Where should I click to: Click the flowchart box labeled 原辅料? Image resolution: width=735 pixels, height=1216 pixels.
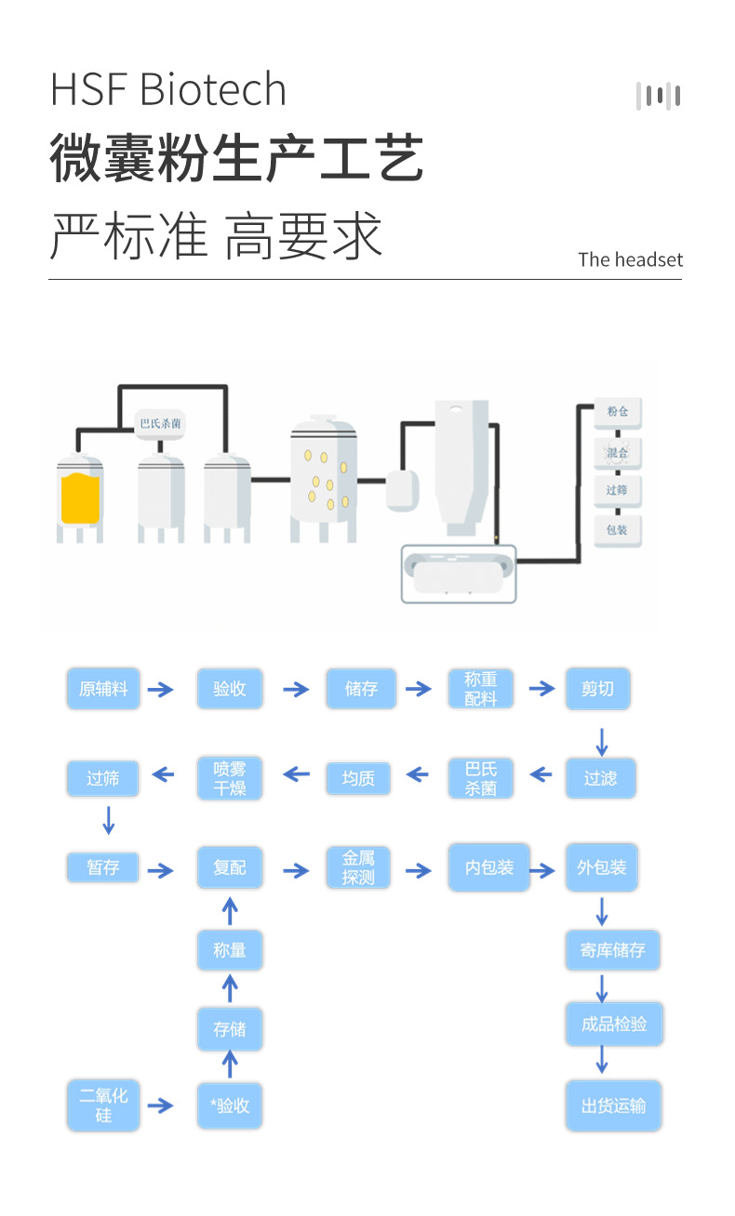point(103,689)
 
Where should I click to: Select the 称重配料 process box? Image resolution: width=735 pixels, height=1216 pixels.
point(481,689)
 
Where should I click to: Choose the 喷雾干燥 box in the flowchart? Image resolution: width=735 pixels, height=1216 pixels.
point(229,777)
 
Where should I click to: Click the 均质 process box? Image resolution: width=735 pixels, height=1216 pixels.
point(358,777)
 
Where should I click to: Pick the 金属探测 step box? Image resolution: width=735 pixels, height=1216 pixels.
point(358,868)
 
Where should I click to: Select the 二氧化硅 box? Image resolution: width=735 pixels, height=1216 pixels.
point(103,1105)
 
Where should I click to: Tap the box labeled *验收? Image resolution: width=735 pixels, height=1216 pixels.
point(230,1105)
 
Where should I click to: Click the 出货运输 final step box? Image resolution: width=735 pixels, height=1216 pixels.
point(613,1105)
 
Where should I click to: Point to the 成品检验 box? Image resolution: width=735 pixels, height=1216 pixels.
point(613,1024)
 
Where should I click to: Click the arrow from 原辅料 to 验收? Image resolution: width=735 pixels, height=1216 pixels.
point(160,690)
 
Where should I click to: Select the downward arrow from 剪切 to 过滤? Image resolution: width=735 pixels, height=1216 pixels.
point(601,741)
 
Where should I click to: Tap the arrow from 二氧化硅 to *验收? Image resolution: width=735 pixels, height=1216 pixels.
point(160,1105)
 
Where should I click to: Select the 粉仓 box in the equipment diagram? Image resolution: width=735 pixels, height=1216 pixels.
point(618,412)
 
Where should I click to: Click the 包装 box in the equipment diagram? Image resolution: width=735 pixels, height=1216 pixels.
point(618,530)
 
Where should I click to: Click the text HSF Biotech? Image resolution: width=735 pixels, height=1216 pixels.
point(168,89)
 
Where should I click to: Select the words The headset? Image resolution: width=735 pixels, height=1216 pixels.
point(630,259)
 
